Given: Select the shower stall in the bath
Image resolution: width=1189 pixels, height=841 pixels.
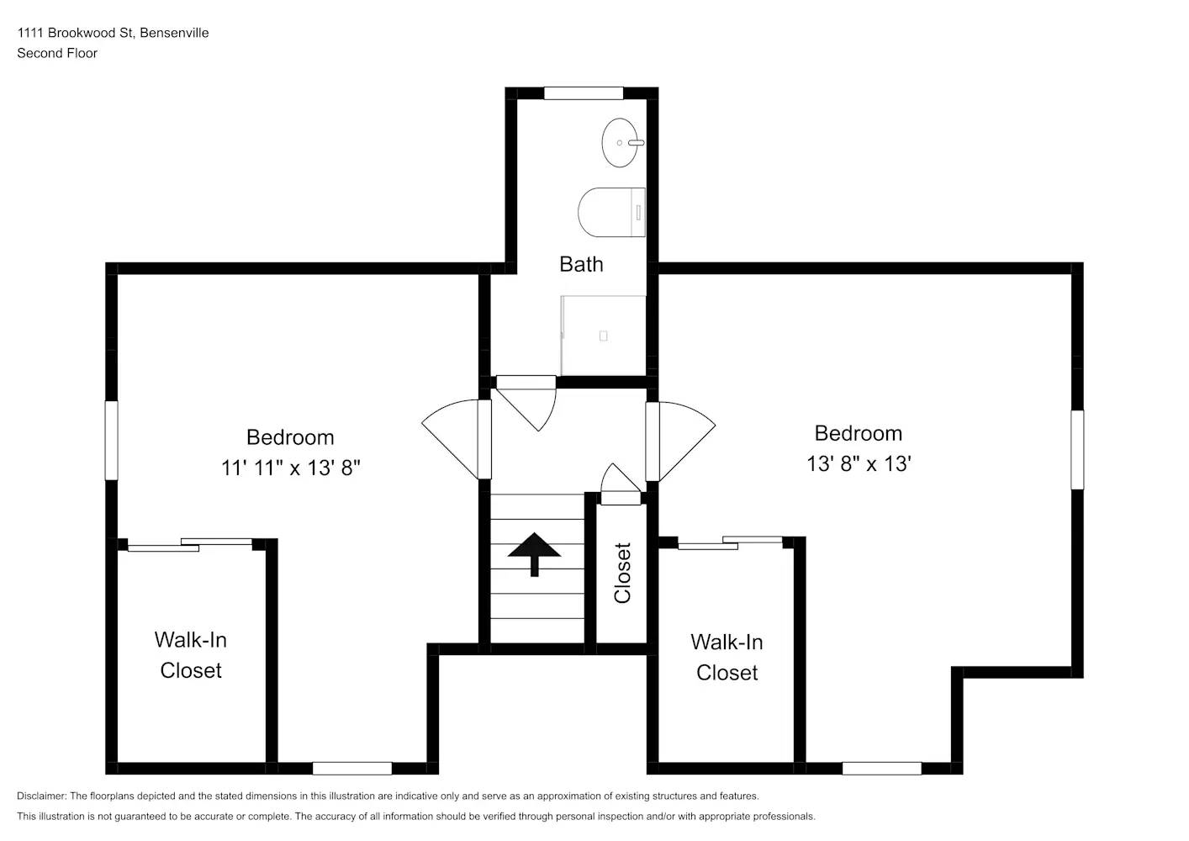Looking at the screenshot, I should tap(603, 336).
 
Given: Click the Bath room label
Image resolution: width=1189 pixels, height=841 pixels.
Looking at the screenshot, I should tap(581, 264).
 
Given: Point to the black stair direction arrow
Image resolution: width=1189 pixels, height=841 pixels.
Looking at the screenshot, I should tap(534, 553).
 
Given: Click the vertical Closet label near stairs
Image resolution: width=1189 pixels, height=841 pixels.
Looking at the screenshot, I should tap(622, 573).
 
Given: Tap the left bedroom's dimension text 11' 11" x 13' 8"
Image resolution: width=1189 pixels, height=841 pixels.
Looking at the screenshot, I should tap(290, 468).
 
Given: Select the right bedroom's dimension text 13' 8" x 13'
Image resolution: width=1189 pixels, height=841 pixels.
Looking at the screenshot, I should tap(859, 463).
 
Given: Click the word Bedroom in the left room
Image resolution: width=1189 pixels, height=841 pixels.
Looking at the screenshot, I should tap(290, 437).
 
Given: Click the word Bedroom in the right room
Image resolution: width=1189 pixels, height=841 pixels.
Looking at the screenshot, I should tap(858, 433).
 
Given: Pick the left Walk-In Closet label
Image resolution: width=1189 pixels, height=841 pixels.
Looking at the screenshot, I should tap(191, 655).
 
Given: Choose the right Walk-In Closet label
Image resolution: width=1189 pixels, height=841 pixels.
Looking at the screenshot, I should tap(727, 658).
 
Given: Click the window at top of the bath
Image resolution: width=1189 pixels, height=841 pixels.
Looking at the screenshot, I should tap(583, 93).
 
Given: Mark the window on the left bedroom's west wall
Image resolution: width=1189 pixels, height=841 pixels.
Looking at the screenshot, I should tap(111, 440).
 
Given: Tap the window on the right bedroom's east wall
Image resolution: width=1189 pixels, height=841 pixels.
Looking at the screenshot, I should tap(1076, 449).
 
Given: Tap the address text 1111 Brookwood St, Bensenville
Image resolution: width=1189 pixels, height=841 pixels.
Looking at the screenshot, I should tap(113, 33).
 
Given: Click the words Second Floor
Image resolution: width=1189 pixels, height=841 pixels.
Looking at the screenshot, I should tap(57, 53).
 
